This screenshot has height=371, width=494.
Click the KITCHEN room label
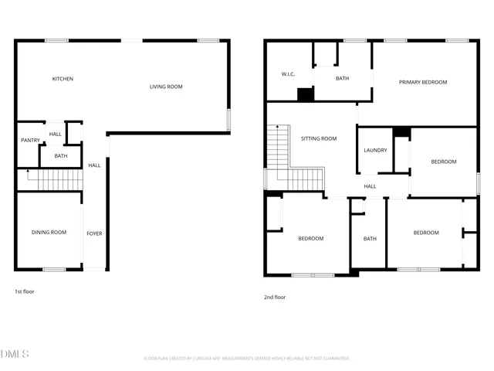click(x=63, y=79)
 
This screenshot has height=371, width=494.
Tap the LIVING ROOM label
click(x=166, y=87)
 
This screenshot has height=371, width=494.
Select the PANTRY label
click(x=30, y=140)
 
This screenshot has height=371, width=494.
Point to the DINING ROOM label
click(x=49, y=233)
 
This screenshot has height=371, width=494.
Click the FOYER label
click(x=94, y=233)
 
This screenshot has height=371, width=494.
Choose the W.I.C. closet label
click(x=289, y=75)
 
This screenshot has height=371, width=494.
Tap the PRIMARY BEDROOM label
click(x=422, y=82)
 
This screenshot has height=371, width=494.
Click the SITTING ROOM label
click(x=318, y=139)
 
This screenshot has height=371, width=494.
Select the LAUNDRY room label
click(x=375, y=151)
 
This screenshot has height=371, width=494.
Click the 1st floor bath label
click(x=60, y=156)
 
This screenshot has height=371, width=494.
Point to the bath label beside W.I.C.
click(x=343, y=79)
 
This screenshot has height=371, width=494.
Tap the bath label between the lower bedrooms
click(x=370, y=239)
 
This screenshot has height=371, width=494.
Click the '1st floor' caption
click(x=24, y=291)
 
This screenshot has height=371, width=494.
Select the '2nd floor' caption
click(x=275, y=297)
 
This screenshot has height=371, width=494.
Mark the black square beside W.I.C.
click(x=306, y=95)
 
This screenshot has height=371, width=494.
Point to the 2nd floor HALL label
click(x=370, y=186)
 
